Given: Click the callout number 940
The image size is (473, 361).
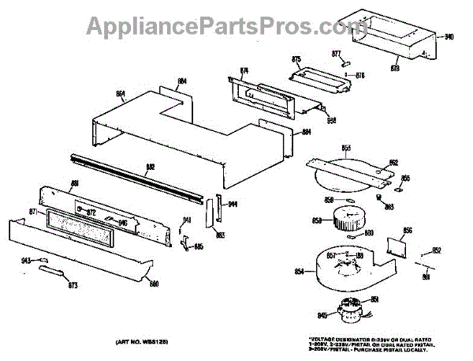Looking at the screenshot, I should [x=449, y=37].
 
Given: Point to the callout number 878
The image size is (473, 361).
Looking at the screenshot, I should [x=395, y=69].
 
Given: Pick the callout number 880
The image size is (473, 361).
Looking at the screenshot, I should [x=155, y=284].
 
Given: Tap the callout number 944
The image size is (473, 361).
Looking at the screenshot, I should [x=233, y=204].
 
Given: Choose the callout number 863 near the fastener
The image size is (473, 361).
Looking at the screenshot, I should [x=389, y=207].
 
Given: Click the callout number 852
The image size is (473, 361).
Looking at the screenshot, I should [x=436, y=250].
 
